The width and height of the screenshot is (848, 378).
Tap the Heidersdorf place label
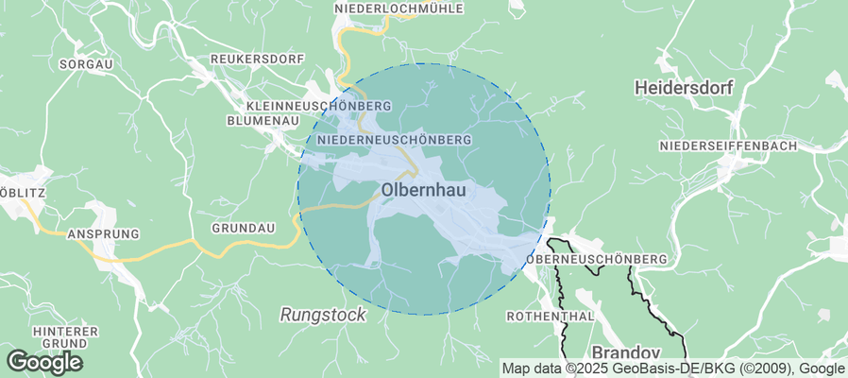click(685, 87)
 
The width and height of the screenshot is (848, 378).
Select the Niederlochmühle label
click(399, 9)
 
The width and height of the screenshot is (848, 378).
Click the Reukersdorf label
click(247, 58)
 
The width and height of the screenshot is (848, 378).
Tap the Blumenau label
click(263, 121)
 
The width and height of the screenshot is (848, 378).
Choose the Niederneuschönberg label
click(395, 139)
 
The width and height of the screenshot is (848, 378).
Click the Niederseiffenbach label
click(728, 146)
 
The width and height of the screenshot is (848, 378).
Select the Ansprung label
click(103, 232)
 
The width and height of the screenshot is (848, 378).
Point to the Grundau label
click(243, 229)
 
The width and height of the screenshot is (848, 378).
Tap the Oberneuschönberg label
click(599, 258)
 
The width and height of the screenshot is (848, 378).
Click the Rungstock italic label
click(322, 314)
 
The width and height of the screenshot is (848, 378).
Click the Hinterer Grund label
click(65, 336)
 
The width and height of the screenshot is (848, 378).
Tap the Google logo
click(44, 361)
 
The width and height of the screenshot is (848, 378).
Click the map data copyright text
click(673, 369)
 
